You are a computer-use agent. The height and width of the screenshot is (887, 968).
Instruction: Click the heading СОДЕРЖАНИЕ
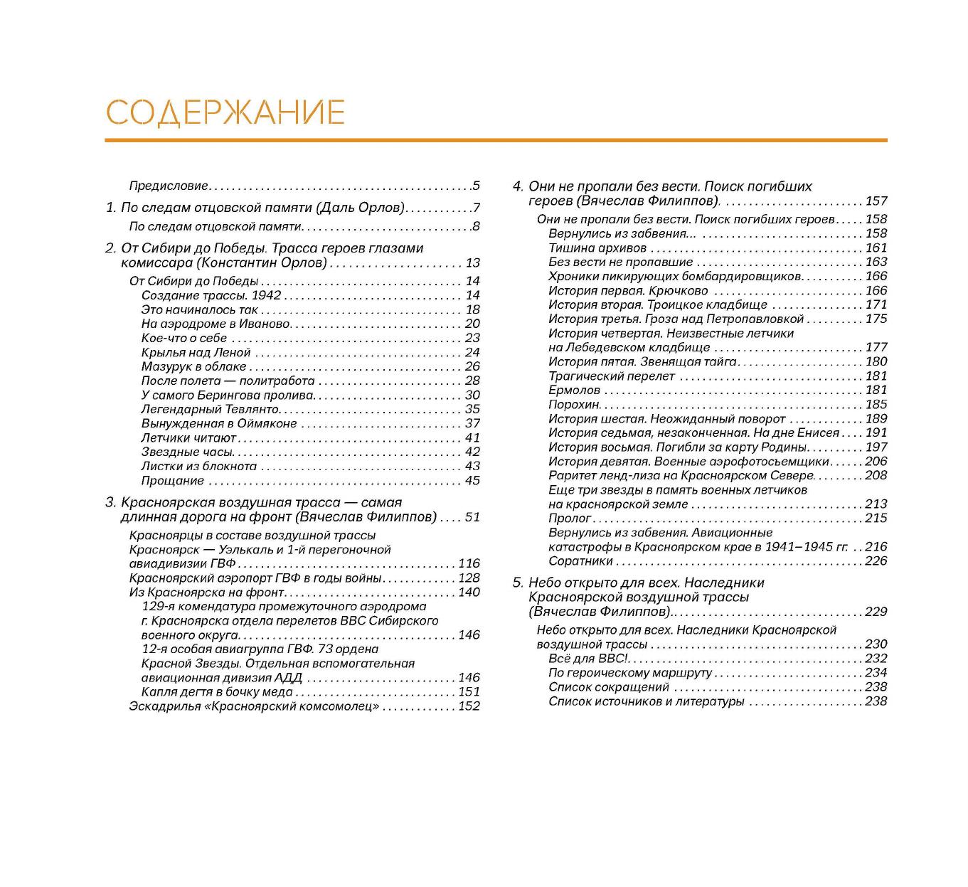pyautogui.click(x=225, y=113)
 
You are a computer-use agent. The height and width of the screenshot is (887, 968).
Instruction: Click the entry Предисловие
pyautogui.click(x=169, y=186)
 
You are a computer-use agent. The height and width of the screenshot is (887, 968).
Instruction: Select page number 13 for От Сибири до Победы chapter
pyautogui.click(x=472, y=263)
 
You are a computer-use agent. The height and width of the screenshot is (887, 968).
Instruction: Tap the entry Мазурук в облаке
pyautogui.click(x=193, y=367)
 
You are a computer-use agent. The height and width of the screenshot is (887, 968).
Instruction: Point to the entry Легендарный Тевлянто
pyautogui.click(x=210, y=410)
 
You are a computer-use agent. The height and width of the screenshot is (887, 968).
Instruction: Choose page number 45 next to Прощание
pyautogui.click(x=472, y=481)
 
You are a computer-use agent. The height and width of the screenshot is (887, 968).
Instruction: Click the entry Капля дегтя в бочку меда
pyautogui.click(x=217, y=692)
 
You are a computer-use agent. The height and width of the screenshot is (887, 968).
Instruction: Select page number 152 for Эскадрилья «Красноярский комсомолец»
pyautogui.click(x=469, y=706)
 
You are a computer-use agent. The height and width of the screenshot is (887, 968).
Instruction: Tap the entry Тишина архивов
pyautogui.click(x=597, y=248)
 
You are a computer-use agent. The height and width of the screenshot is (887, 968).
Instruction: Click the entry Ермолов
pyautogui.click(x=574, y=391)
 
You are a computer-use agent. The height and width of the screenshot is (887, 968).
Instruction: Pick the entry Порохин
pyautogui.click(x=574, y=405)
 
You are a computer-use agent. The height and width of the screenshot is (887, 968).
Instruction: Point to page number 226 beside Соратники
pyautogui.click(x=876, y=561)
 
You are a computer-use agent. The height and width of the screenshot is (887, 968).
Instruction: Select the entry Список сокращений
pyautogui.click(x=609, y=687)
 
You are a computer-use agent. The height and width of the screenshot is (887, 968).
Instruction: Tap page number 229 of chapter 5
pyautogui.click(x=876, y=612)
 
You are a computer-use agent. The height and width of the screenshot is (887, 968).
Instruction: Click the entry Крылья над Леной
pyautogui.click(x=196, y=353)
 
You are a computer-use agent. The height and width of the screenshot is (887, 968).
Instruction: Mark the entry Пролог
pyautogui.click(x=570, y=519)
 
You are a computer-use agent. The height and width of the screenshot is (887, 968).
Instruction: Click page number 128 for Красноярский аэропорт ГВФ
pyautogui.click(x=469, y=578)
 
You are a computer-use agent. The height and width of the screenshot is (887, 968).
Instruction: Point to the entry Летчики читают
pyautogui.click(x=188, y=438)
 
